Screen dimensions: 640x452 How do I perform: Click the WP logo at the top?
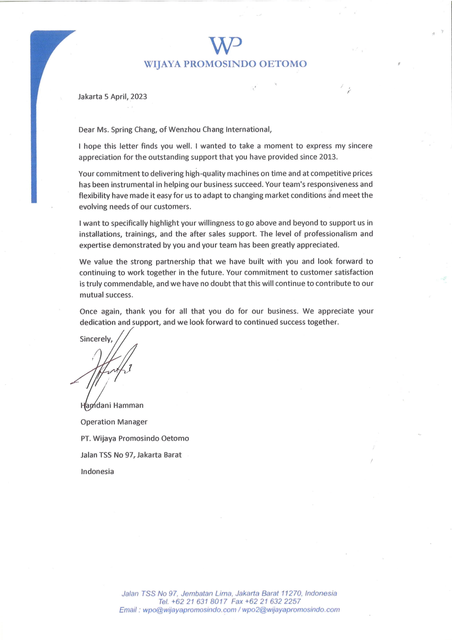(225, 45)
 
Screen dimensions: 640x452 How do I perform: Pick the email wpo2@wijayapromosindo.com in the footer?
(291, 610)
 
